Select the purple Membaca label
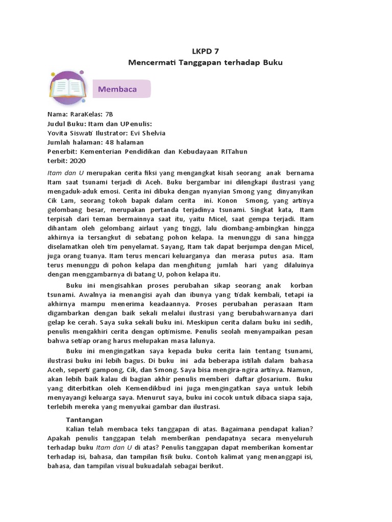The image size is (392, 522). click(x=117, y=89)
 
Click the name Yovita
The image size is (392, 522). click(x=59, y=133)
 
